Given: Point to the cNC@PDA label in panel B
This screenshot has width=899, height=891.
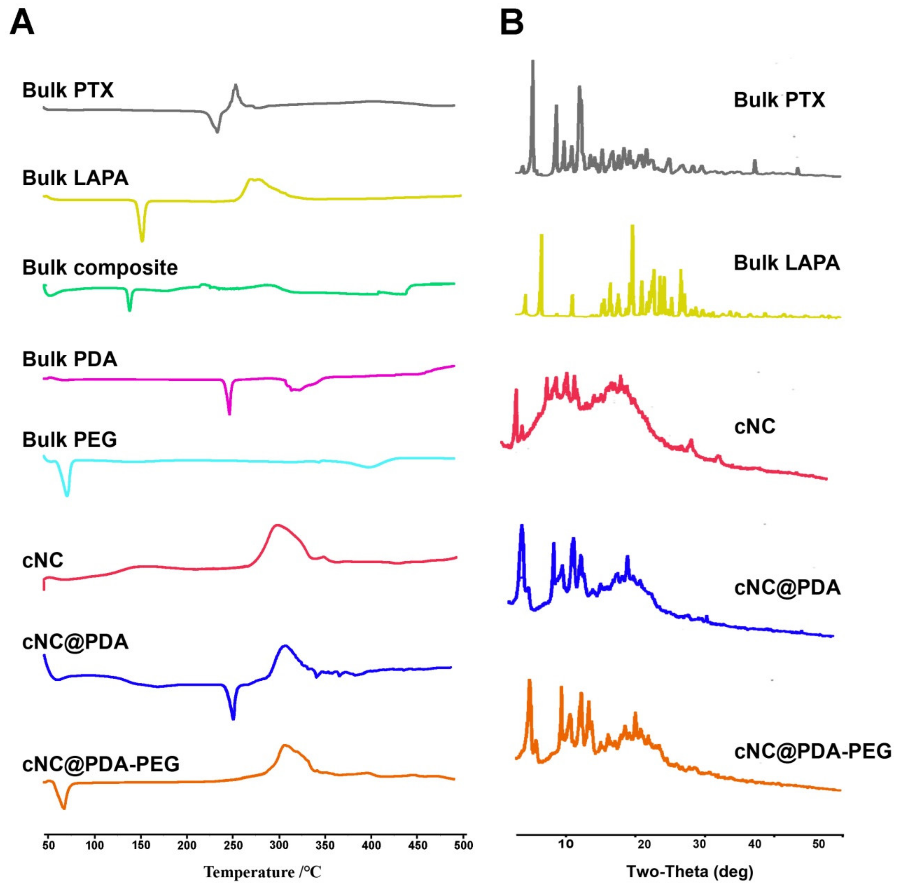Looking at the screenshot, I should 787,588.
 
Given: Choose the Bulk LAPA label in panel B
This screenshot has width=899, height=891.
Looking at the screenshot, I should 786,263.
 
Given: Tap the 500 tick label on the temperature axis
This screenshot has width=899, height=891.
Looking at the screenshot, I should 463,845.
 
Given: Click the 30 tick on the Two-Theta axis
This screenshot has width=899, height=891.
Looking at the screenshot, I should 699,844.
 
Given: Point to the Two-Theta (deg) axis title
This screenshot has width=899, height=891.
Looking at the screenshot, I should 690,871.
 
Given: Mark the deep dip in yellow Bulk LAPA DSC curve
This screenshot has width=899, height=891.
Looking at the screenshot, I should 142,239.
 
